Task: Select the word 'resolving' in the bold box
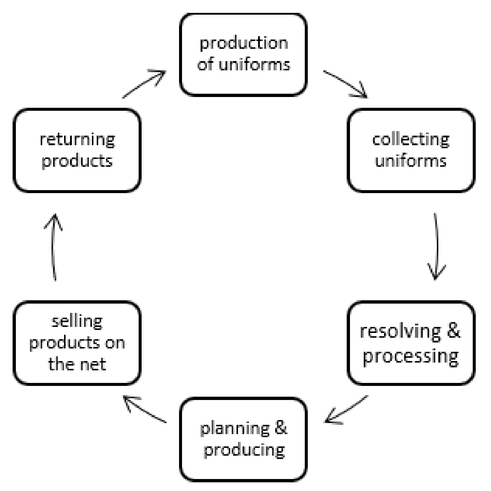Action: [400, 332]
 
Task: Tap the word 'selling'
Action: [77, 322]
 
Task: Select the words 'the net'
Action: [77, 364]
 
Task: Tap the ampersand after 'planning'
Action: [281, 428]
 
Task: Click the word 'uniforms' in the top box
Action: [254, 65]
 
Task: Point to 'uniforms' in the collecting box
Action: [411, 161]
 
